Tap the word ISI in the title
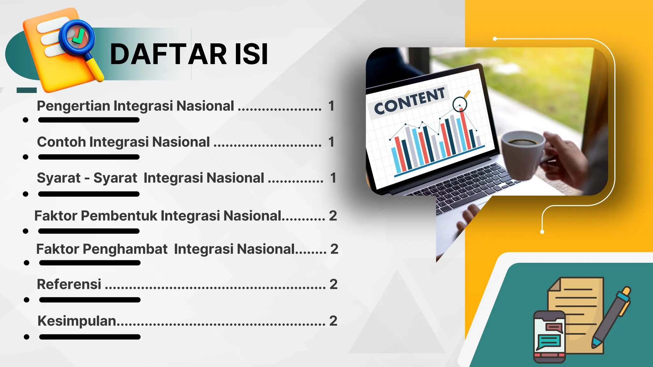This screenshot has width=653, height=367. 252,54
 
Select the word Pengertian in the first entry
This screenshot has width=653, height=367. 73,106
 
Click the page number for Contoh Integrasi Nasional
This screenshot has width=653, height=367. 331,142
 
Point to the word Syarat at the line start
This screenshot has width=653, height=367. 59,178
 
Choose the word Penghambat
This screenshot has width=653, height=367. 125,249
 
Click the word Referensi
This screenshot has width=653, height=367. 69,284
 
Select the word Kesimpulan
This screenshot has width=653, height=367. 77,321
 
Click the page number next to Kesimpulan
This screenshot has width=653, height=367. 333,321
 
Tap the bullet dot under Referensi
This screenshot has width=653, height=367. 26,300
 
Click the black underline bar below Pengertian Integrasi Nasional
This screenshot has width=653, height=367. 89,120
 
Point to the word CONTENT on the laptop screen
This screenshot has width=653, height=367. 409,101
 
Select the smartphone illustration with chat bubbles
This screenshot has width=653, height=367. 549,336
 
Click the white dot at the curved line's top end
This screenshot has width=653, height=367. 495,39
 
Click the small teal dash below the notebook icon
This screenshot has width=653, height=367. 26,90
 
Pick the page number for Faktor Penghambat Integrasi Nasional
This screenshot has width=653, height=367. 334,249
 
